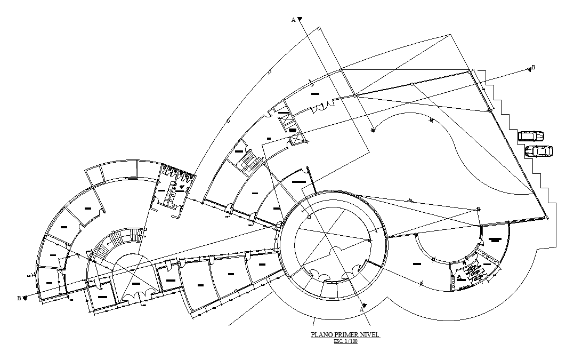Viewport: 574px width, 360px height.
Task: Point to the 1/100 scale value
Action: click(351, 341)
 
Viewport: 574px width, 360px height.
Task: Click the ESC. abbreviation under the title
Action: click(339, 341)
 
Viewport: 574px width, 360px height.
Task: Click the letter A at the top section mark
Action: click(293, 20)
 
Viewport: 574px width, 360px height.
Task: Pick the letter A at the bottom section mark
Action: click(361, 309)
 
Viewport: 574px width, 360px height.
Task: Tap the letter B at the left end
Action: click(19, 298)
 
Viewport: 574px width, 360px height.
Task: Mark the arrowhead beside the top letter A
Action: click(300, 20)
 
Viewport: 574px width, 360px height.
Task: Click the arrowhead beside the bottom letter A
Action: click(365, 305)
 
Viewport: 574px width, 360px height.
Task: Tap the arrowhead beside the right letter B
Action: click(529, 69)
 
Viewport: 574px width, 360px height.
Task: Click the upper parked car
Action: click(531, 136)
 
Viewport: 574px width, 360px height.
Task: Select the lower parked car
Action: click(539, 151)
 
